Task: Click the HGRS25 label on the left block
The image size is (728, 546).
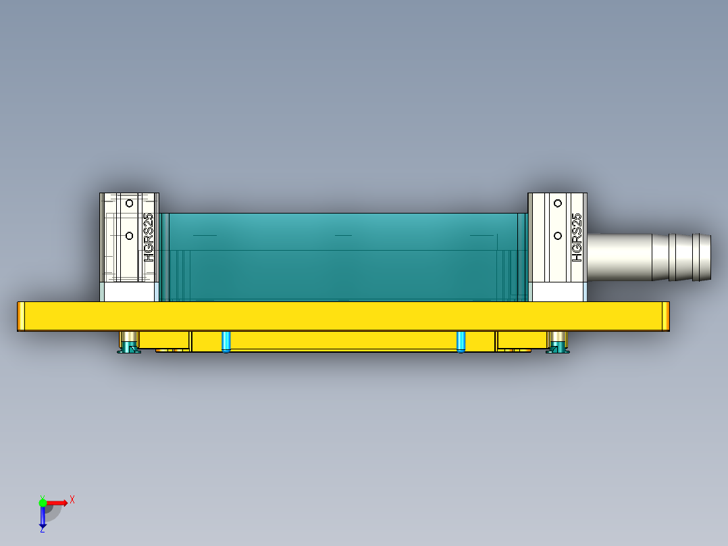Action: point(149,238)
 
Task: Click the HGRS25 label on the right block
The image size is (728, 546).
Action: point(577,238)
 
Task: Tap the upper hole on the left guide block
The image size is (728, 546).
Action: point(128,202)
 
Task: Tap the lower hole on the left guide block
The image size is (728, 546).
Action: point(128,235)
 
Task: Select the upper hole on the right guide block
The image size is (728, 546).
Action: point(558,202)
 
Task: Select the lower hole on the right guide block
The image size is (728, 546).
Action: point(558,235)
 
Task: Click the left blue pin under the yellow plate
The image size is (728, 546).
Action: point(226,341)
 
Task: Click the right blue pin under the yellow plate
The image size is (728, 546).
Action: point(461,341)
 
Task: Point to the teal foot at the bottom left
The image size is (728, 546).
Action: point(128,348)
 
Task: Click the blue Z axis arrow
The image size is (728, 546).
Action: point(43,518)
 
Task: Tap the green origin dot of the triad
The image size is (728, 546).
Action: point(43,502)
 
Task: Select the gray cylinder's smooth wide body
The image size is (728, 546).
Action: point(618,257)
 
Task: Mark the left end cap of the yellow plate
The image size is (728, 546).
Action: point(21,316)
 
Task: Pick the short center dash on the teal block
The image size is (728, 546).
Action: point(344,235)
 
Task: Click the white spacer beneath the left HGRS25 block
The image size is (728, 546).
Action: point(129,292)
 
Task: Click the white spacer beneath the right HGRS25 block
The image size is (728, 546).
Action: point(557,292)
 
